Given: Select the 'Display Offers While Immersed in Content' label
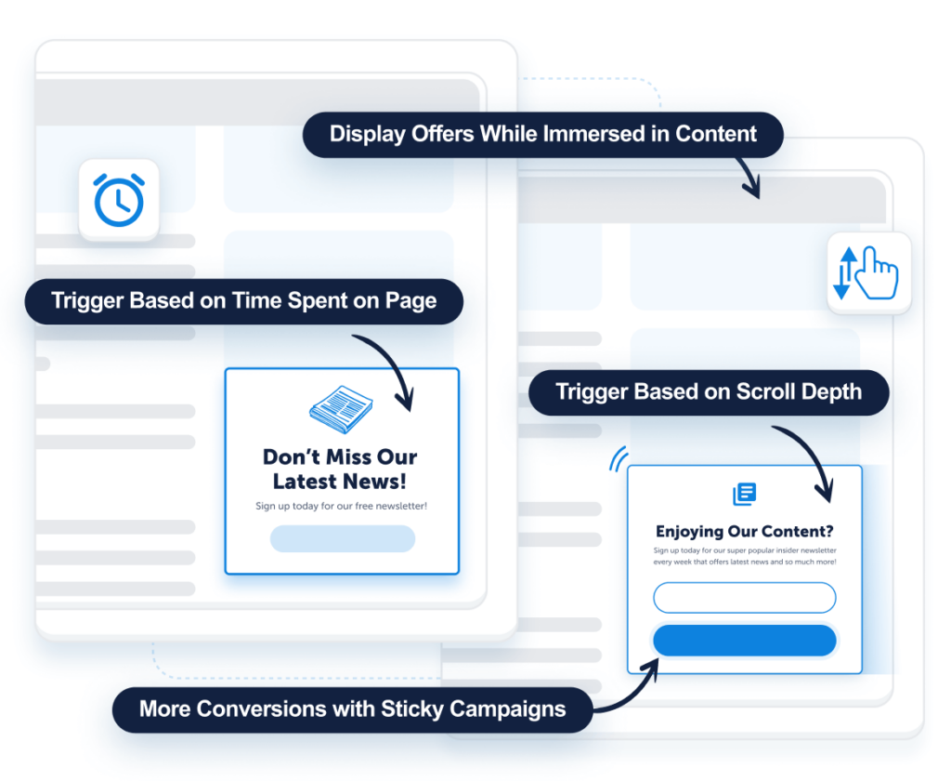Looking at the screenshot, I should [x=543, y=134].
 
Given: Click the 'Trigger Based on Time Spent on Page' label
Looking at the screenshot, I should [x=243, y=301].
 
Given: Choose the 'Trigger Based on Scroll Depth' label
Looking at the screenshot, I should [x=709, y=391].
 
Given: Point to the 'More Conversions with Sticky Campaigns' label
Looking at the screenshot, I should [x=352, y=709].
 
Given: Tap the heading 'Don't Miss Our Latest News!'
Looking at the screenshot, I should [x=340, y=469].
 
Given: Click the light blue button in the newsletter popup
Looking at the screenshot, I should [x=342, y=538].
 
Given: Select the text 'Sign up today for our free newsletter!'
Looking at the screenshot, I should [x=341, y=506].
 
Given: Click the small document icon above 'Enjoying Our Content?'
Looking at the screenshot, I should [x=744, y=494].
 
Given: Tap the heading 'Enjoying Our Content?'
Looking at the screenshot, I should [x=744, y=532].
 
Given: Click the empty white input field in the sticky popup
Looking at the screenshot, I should [x=744, y=597].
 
